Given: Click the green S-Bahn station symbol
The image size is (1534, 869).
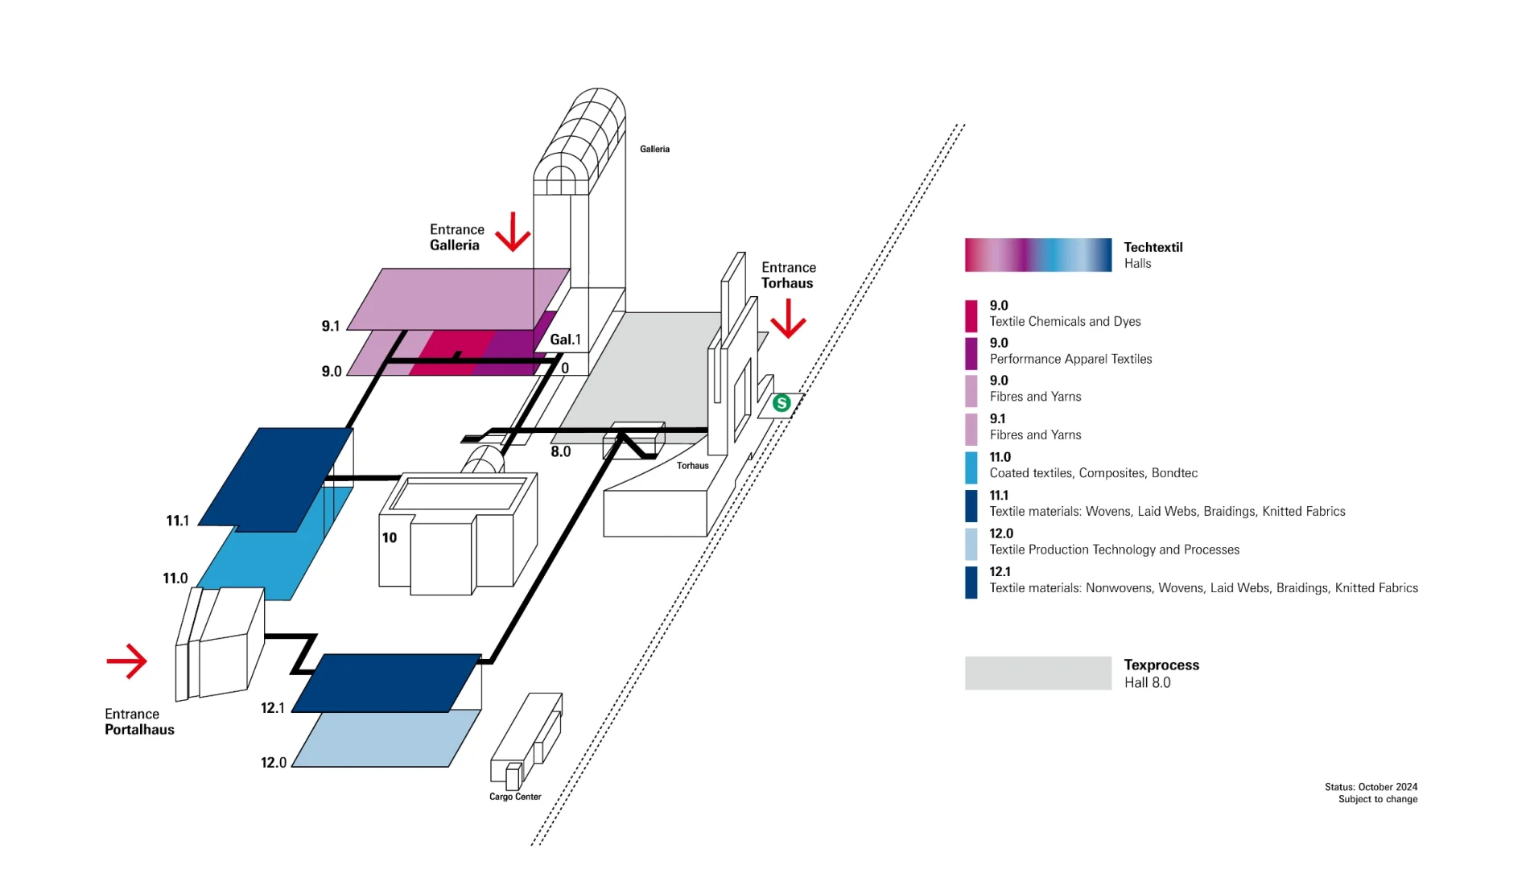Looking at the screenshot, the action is coord(781,403).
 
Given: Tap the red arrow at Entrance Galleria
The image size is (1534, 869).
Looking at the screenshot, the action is coord(513,232).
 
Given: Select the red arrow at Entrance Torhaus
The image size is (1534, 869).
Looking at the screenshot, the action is coord(788,319).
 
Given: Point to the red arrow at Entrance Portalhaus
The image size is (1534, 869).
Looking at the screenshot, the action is coord(127,661).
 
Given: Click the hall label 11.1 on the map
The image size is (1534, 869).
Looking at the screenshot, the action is coord(177,521).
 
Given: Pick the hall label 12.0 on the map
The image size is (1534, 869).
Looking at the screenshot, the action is coord(274,762).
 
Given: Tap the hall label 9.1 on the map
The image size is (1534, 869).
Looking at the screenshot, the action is coord(331,326).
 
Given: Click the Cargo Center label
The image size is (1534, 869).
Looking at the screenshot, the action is coord(515,797).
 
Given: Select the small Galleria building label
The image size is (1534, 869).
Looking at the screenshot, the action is coord(654,149).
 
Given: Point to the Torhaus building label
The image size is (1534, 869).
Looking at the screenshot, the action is coord(692,465).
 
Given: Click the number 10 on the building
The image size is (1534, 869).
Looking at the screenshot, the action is coord(390,537).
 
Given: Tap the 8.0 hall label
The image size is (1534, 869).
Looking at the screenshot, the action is coord(561,452).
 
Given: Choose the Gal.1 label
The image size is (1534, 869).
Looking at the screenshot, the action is coord(565,340).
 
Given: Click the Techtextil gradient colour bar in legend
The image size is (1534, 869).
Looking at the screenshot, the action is coord(1038,255).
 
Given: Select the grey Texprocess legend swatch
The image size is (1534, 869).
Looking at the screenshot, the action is coord(1038,673).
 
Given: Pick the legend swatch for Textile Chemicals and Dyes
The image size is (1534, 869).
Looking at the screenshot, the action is coord(971,316).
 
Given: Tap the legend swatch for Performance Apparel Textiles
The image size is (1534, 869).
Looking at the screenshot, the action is coord(971,354).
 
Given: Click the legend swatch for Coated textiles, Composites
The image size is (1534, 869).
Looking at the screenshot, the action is coord(971,468).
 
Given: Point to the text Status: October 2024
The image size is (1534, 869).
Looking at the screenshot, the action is coord(1371,787).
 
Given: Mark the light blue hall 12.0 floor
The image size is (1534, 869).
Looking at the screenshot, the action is coord(386,739).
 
